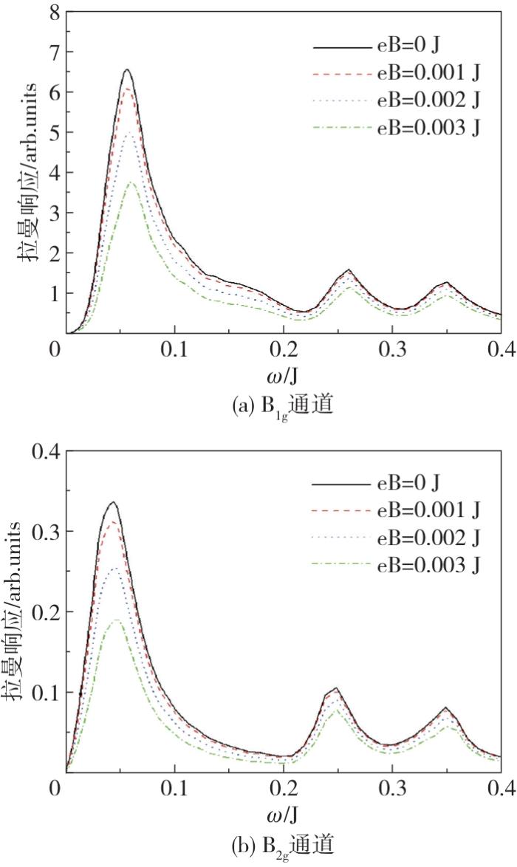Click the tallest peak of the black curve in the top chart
click(x=128, y=70)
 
